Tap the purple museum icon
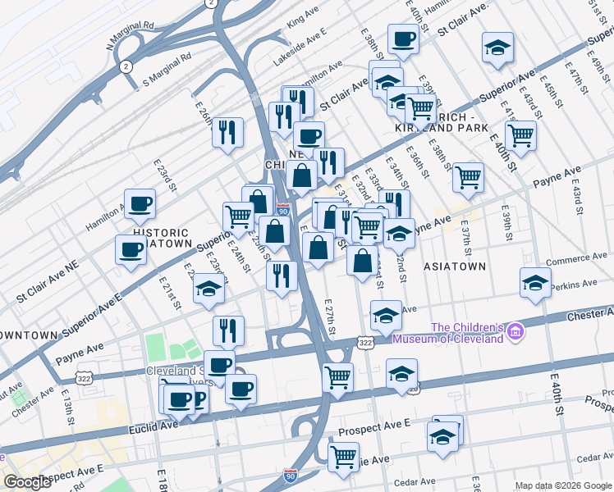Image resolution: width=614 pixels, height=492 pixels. pos(515,332)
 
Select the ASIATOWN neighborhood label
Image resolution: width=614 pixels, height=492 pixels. pos(454,266)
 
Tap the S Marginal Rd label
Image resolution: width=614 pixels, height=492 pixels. pos(167,71)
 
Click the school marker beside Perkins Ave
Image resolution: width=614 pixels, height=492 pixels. pos(535,282)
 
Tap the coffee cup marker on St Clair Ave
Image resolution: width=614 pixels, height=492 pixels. pos(403,39)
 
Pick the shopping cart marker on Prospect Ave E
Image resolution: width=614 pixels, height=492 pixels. pos(343,456)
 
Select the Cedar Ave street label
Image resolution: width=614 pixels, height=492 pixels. pos(413,482)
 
